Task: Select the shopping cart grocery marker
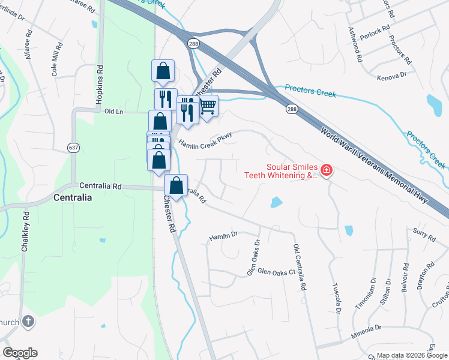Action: [x=207, y=106]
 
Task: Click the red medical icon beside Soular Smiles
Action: [x=327, y=172]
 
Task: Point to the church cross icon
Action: [x=27, y=322]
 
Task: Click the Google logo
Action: [x=20, y=353]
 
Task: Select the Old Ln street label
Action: [x=113, y=112]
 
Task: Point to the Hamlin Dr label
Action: [x=224, y=238]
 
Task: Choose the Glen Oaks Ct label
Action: [x=277, y=272]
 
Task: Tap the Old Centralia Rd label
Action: [x=298, y=268]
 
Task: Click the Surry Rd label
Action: [x=423, y=233]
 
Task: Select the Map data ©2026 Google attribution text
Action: [x=412, y=355]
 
